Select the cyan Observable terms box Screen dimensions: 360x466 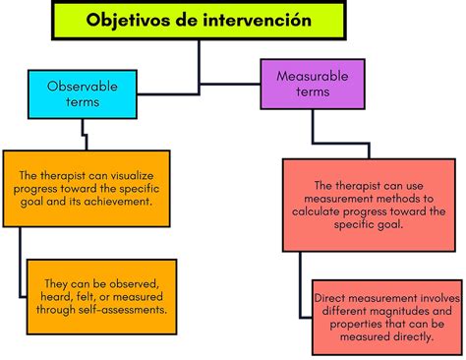[84, 93]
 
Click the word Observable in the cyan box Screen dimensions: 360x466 [84, 86]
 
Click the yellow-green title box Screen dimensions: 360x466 [199, 21]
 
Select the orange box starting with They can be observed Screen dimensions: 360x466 [102, 291]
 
